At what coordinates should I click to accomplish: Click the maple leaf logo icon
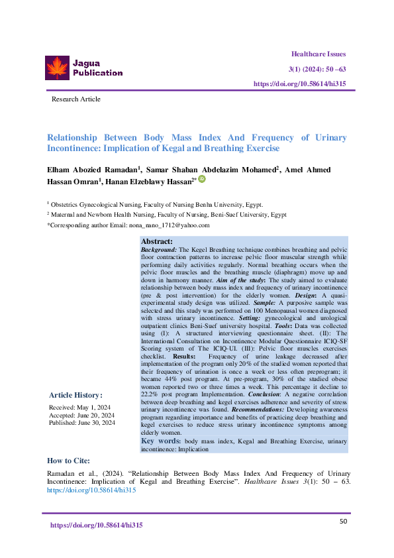57,68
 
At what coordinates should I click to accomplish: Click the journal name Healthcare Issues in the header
318,54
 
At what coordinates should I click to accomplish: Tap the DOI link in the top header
300,84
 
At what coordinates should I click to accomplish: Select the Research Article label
76,99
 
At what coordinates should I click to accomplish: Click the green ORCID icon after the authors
202,179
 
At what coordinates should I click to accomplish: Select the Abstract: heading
156,242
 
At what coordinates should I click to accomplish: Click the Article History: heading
75,395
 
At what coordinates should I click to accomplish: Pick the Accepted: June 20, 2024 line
81,415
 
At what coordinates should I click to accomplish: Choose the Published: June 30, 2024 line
82,423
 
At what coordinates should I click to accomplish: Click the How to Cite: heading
69,461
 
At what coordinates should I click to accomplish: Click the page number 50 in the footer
343,522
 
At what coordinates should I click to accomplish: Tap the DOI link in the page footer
97,525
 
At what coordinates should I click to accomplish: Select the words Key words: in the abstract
161,441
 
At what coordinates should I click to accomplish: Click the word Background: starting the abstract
159,249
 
